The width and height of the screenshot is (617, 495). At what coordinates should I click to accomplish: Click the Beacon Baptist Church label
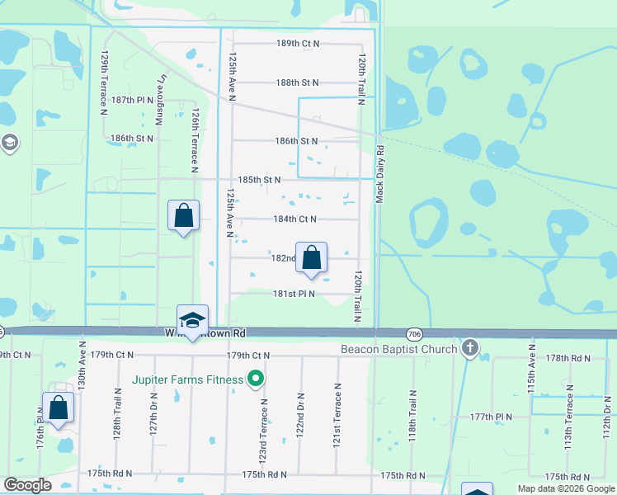tap(399, 350)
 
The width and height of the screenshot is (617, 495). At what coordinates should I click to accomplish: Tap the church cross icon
tap(470, 348)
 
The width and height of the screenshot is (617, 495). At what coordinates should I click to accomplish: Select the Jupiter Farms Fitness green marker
tap(256, 379)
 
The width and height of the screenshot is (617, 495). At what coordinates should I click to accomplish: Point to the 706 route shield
tap(415, 333)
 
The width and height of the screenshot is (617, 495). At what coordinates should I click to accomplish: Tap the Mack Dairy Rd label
tap(381, 174)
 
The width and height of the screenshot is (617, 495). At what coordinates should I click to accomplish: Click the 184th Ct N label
tap(295, 219)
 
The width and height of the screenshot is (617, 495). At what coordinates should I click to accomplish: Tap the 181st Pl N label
tap(295, 293)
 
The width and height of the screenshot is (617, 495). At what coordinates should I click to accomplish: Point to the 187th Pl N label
tap(133, 100)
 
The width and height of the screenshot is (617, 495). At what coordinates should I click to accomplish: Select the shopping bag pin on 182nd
tap(312, 259)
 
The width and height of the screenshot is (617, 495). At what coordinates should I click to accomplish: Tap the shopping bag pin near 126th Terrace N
tap(183, 217)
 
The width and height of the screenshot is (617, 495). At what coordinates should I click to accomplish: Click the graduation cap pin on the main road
tap(192, 321)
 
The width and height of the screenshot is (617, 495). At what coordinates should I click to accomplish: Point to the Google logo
tap(26, 484)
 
